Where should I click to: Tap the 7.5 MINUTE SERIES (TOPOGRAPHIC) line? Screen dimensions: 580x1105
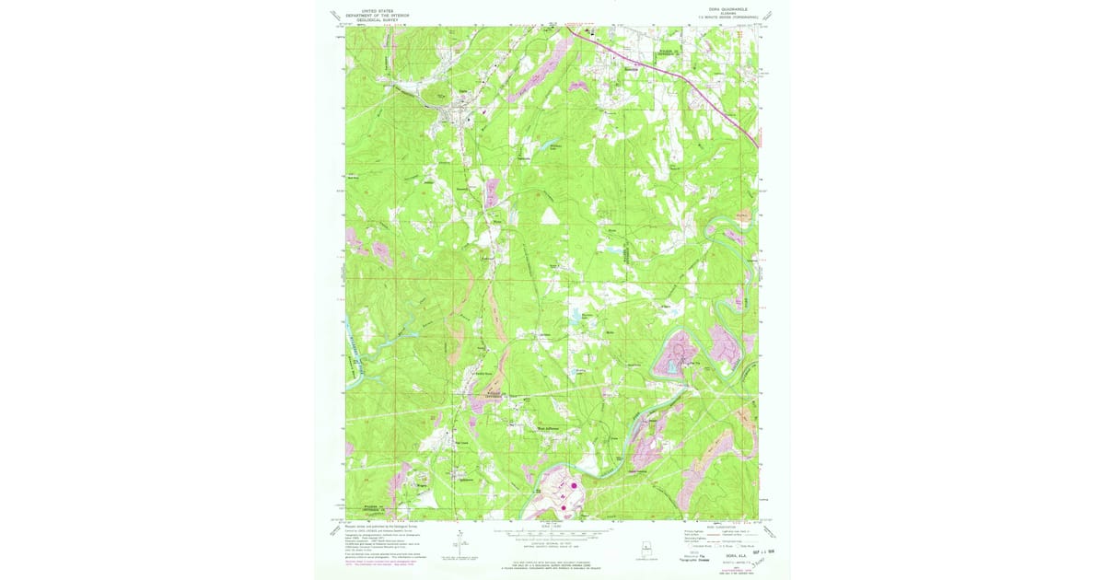721,19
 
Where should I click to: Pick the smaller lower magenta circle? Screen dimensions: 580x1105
563,502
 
